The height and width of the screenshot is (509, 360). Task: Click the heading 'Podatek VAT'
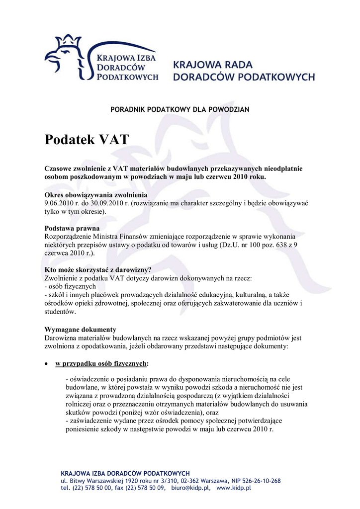coord(87,140)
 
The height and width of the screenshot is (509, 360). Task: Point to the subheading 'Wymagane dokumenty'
coord(81,330)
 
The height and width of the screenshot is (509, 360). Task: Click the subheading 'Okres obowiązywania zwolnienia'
coord(96,194)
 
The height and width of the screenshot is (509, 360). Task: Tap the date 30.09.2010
coord(104,203)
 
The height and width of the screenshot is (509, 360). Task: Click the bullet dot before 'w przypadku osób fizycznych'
coord(46,364)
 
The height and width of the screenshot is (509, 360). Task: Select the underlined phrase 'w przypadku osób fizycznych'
coord(101,363)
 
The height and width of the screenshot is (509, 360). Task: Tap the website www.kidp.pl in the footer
coord(234,488)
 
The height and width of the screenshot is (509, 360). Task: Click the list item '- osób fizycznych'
coord(70,287)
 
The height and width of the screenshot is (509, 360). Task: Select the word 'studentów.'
coord(61,312)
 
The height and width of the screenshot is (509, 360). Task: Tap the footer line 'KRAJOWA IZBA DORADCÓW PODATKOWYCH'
coord(125,473)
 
